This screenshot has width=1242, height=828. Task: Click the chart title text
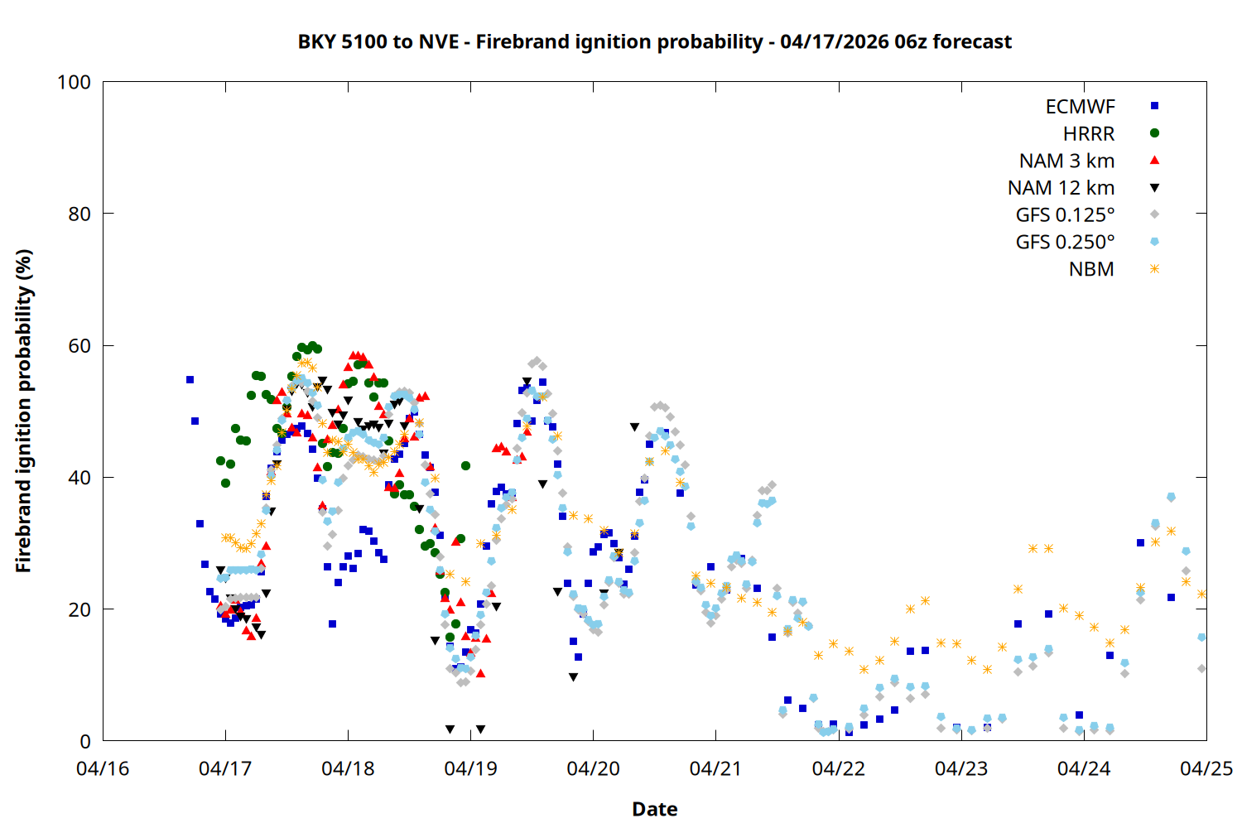point(654,41)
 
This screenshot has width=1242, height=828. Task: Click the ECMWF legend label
point(1080,107)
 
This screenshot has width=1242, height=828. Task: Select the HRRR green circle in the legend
point(1154,133)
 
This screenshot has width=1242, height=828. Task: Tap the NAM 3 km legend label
point(1066,161)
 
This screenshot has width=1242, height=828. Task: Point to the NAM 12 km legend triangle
point(1154,188)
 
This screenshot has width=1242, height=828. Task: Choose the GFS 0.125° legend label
point(1065,215)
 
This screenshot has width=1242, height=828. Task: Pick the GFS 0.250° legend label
point(1065,243)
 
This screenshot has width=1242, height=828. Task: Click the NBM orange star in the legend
point(1154,269)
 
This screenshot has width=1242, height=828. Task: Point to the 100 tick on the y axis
point(74,82)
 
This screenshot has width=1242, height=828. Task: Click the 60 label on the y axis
point(79,345)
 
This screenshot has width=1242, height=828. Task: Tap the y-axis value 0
point(84,741)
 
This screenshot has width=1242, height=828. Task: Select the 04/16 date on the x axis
point(103,768)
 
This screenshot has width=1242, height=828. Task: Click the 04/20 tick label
point(593,768)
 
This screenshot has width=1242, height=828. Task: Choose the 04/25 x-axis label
point(1206,768)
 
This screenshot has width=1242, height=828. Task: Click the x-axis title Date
point(654,809)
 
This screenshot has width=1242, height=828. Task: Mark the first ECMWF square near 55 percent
point(190,379)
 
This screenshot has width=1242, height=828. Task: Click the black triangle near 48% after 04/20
point(634,427)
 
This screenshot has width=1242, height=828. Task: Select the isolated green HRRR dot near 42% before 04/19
point(465,466)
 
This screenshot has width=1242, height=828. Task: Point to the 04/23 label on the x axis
point(960,768)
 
